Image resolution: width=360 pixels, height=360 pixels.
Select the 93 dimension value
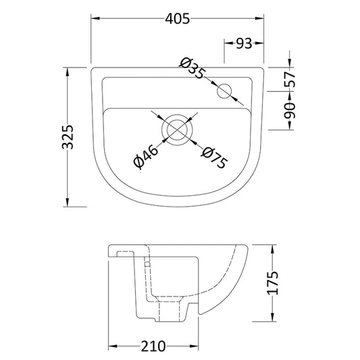click(244, 44)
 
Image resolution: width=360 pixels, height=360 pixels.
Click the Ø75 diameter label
click(213, 159)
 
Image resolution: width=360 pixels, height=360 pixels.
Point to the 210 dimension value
click(155, 347)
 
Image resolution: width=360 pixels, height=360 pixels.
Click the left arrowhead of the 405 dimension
click(95, 19)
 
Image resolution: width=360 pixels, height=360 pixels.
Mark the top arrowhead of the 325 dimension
click(67, 71)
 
